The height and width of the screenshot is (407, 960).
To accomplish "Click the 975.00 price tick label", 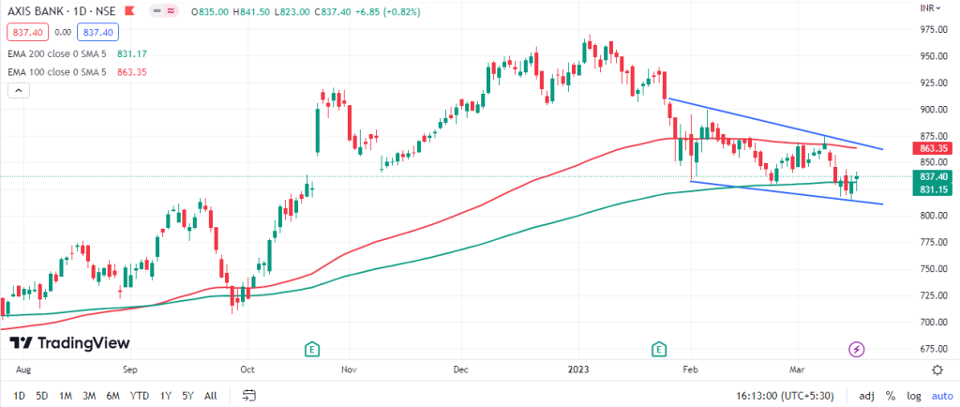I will pos(933,29).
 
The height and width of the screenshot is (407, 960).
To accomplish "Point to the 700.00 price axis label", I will pos(933,322).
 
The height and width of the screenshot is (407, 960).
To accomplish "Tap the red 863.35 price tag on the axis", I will pos(933,148).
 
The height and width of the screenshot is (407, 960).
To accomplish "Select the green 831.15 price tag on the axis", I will pos(933,189).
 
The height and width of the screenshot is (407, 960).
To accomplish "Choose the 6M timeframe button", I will pos(112,395).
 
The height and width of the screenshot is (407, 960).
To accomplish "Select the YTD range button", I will pos(140,395).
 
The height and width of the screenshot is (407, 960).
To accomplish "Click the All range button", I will pos(211,395).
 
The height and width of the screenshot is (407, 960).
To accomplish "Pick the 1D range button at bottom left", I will pos(19,395).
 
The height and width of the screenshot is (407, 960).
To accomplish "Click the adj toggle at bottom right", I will pos(866,395).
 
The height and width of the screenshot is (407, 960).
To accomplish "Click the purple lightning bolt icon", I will pos(856,349).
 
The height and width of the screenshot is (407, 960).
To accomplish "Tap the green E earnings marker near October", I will pos(313,349).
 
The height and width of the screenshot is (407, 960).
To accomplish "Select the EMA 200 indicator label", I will pos(58,54).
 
